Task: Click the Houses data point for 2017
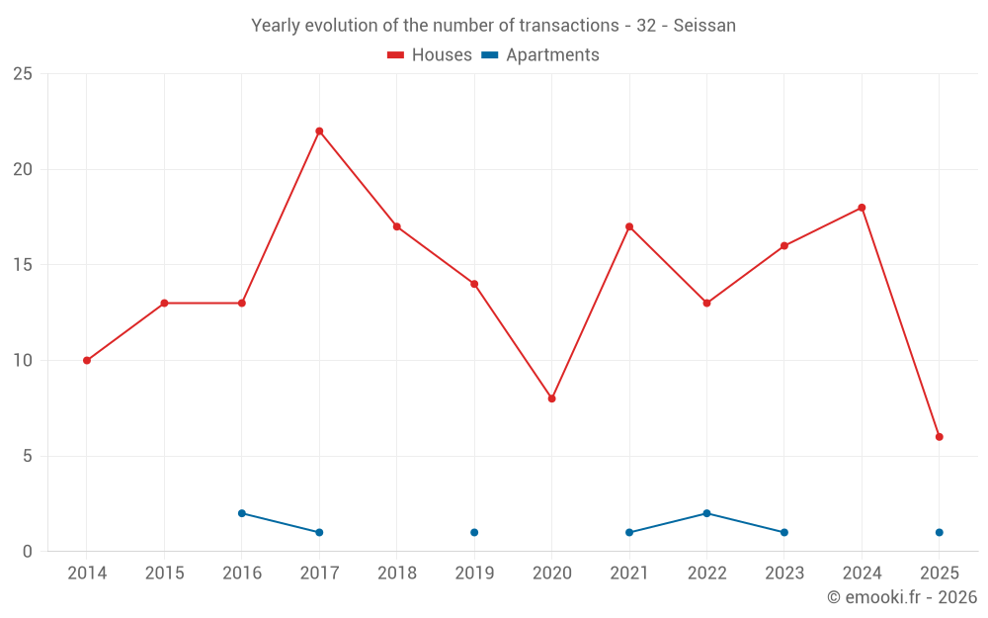click(319, 132)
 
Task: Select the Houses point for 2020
click(551, 398)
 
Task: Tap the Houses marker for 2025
click(939, 437)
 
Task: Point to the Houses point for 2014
click(87, 361)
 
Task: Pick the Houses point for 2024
click(862, 208)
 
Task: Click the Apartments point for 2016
click(242, 513)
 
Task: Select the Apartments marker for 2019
click(474, 533)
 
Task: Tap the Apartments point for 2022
click(706, 513)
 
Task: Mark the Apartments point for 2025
click(939, 533)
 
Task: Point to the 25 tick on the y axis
click(23, 74)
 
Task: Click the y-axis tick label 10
click(23, 361)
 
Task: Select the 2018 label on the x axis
click(397, 574)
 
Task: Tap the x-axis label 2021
click(629, 574)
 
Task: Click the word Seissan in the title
click(704, 26)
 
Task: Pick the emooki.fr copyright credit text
click(901, 597)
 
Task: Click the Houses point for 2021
click(629, 226)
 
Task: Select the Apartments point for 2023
click(783, 533)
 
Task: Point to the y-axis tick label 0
click(28, 552)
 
